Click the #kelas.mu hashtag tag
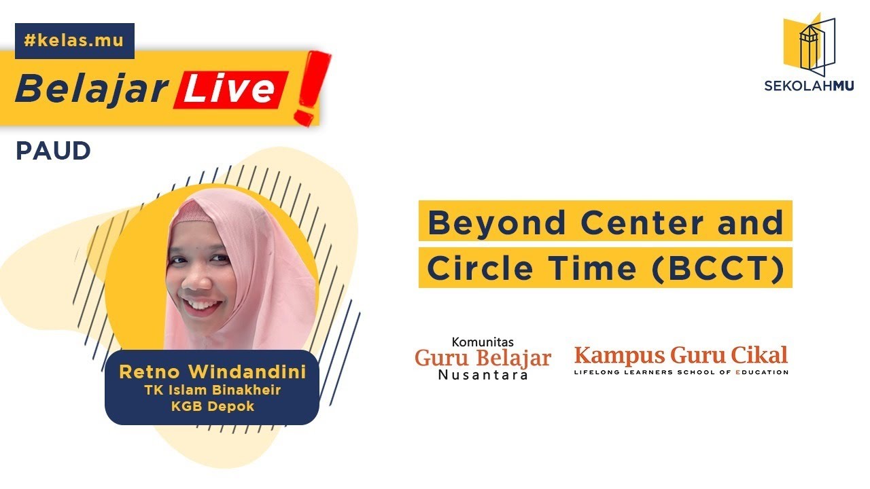74,40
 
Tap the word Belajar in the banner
92,89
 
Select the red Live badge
232,90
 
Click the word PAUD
53,151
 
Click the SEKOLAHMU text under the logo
809,86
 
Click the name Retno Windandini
211,372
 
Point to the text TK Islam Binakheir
211,390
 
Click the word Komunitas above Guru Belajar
483,342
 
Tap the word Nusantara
483,374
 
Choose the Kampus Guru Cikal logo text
680,355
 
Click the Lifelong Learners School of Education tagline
680,372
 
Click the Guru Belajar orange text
483,358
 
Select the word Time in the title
589,268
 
